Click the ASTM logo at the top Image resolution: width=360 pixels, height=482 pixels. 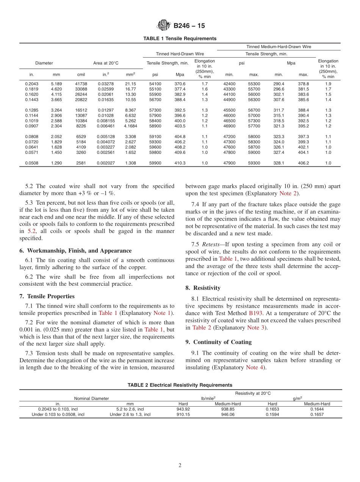point(164,26)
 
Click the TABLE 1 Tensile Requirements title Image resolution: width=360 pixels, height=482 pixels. point(180,39)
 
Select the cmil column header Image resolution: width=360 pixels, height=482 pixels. point(81,75)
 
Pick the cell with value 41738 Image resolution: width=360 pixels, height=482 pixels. point(81,84)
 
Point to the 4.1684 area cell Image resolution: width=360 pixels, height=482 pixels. point(130,126)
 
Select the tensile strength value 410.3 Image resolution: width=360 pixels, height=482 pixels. point(180,163)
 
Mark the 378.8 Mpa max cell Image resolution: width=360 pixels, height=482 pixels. point(303,84)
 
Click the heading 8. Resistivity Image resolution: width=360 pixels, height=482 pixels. point(203,288)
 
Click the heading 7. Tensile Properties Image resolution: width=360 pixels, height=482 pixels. point(47,296)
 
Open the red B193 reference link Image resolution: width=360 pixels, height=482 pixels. point(255,313)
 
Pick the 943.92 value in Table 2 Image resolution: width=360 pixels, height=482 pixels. point(183,409)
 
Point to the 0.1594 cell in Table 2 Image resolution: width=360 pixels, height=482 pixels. point(272,415)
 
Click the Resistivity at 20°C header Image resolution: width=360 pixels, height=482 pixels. point(253,393)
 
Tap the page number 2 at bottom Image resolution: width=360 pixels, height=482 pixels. point(180,466)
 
